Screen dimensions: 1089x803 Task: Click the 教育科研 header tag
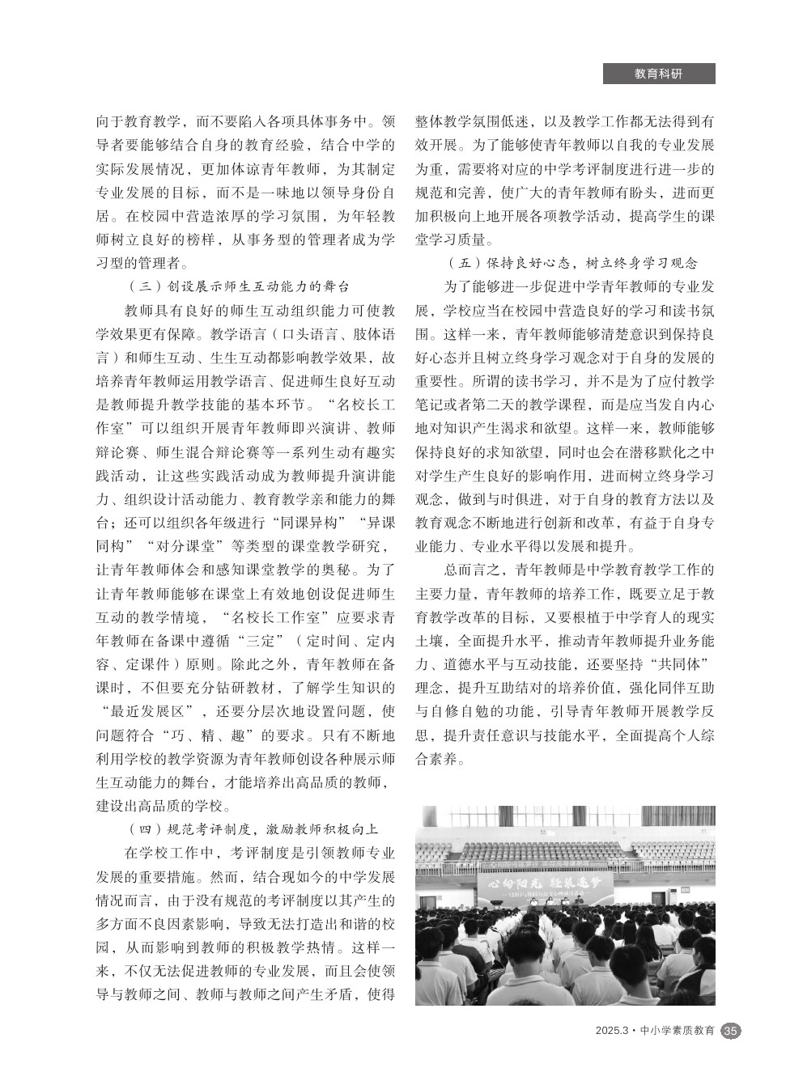658,74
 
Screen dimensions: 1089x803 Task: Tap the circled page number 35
730,1031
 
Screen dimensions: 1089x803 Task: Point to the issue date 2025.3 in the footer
611,1032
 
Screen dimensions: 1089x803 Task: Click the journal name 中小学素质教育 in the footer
678,1032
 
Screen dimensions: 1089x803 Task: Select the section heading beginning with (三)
240,286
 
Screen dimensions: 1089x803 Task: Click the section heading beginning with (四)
253,829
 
